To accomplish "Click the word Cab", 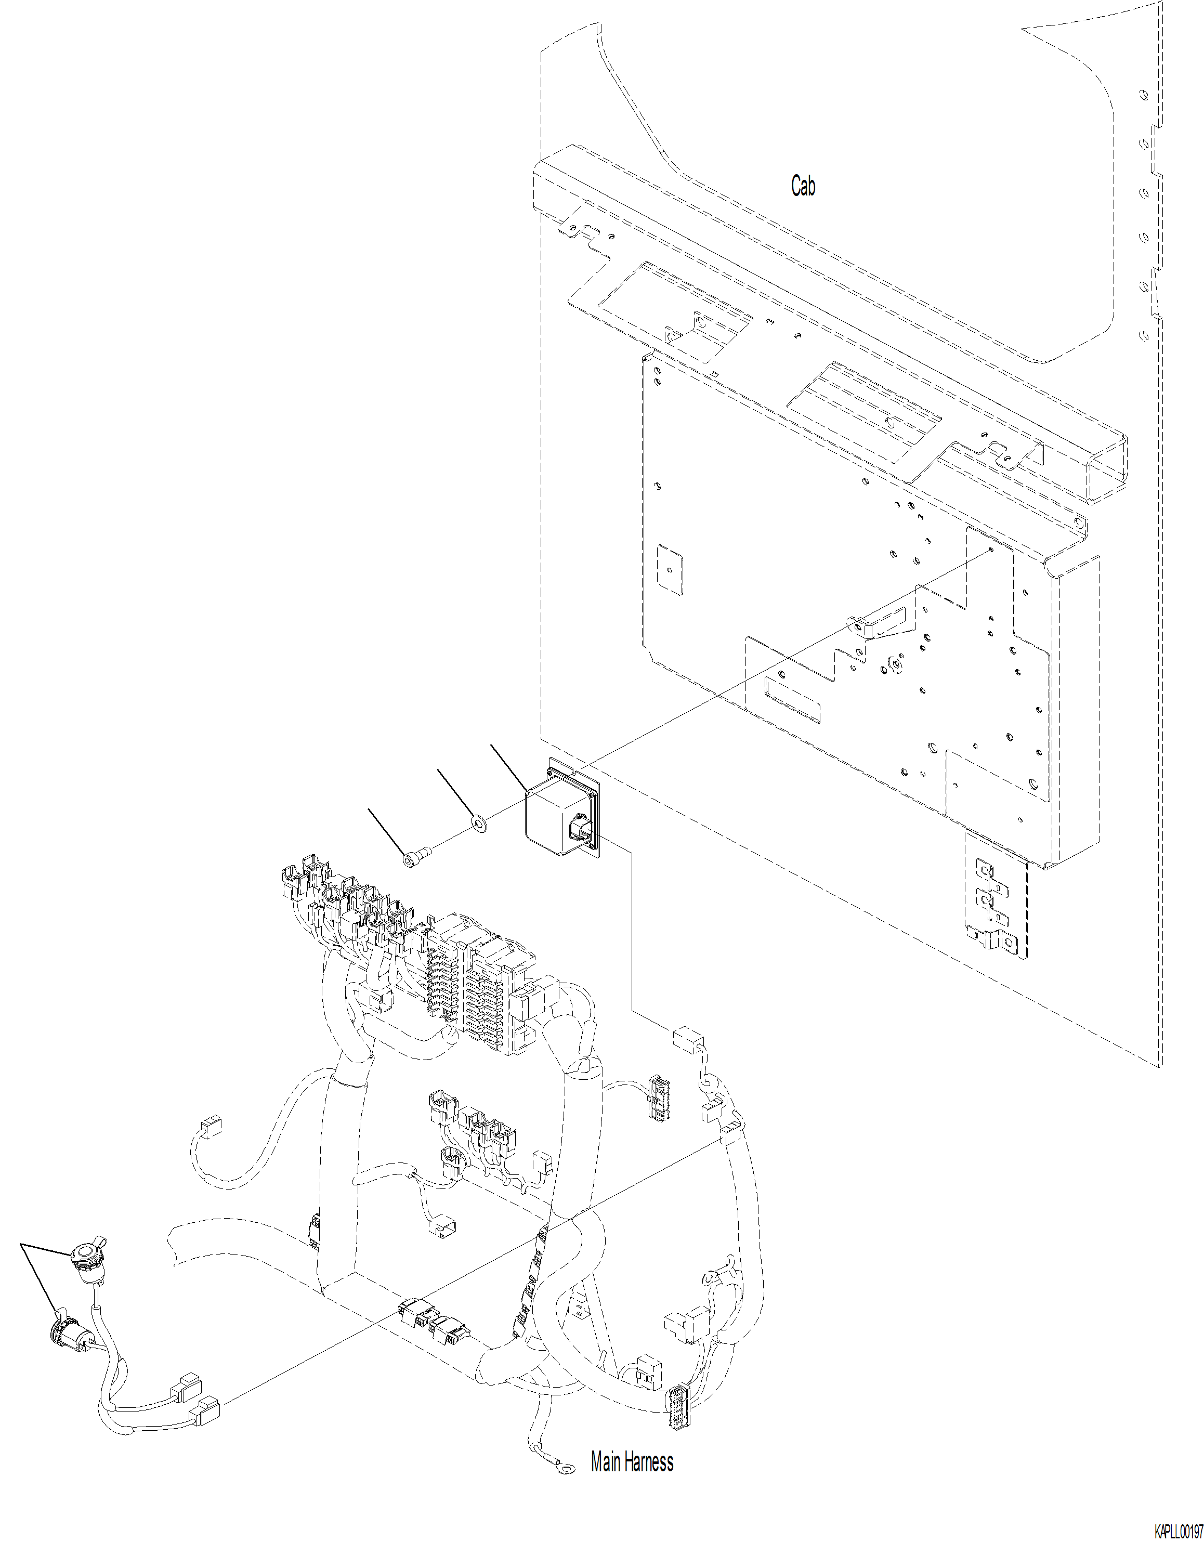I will click(x=803, y=187).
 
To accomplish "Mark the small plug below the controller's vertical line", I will click(x=688, y=1040).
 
